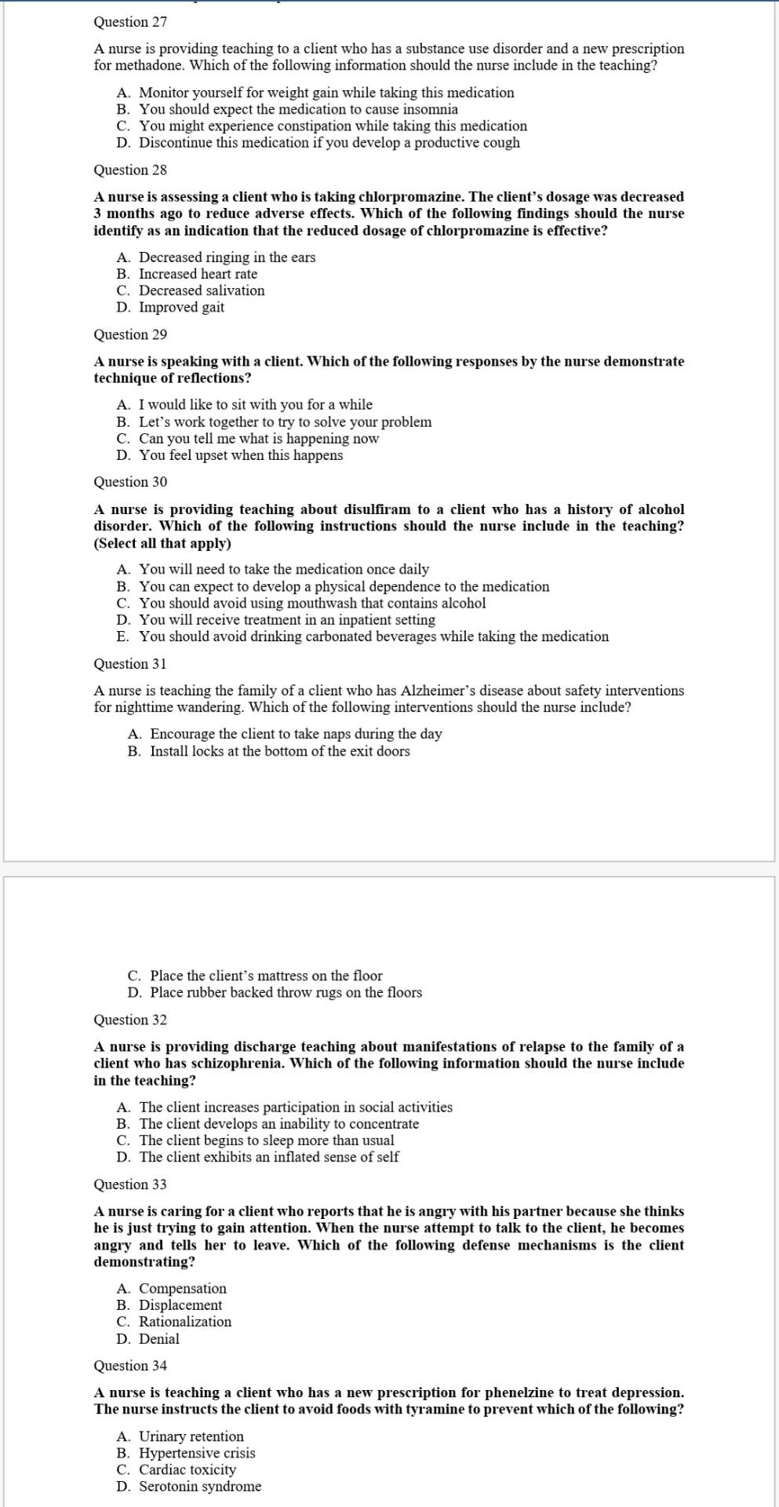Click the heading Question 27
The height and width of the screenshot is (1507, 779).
[130, 22]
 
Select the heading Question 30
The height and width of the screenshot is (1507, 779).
[130, 482]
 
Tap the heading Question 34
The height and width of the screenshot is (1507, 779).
[130, 1366]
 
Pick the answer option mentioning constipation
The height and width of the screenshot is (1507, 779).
[333, 126]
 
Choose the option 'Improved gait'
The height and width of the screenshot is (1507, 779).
[181, 308]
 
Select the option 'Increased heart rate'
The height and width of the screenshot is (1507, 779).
[198, 274]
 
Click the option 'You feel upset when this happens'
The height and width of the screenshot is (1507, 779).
[241, 455]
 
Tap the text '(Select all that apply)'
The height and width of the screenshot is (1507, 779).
[162, 543]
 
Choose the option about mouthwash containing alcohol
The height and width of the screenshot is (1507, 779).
[312, 604]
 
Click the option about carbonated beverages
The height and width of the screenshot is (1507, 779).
[373, 637]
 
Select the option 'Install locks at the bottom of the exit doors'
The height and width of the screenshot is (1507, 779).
[279, 751]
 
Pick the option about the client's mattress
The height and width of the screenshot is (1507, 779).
[266, 976]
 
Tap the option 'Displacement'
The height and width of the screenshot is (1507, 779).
[180, 1305]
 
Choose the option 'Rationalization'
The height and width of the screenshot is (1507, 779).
[185, 1322]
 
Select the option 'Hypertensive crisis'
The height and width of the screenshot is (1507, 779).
[197, 1453]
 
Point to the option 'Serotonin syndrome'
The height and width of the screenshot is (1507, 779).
[200, 1487]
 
